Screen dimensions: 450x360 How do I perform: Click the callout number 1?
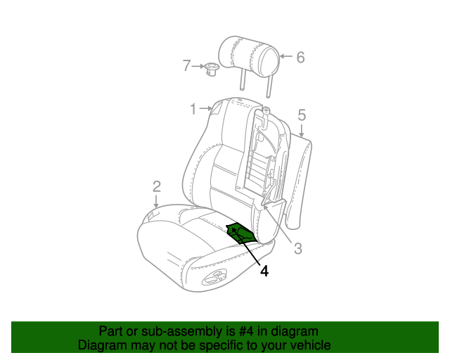click(x=193, y=109)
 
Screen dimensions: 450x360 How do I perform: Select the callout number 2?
click(x=156, y=186)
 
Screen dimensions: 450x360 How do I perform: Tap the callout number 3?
click(x=298, y=248)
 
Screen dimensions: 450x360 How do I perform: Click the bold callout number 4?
click(x=264, y=271)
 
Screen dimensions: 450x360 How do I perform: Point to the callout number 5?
click(x=302, y=115)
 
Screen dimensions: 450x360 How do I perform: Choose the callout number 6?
click(x=300, y=58)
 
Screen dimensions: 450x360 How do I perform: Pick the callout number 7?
click(x=186, y=65)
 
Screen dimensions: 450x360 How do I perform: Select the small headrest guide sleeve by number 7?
click(x=212, y=70)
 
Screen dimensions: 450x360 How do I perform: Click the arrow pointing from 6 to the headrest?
click(x=286, y=56)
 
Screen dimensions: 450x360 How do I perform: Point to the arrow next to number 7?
click(x=198, y=66)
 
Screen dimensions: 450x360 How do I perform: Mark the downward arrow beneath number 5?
click(x=302, y=130)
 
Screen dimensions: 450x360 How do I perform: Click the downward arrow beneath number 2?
click(x=156, y=202)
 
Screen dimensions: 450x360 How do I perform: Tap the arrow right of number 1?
click(x=206, y=108)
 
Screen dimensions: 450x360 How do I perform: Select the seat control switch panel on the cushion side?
click(x=214, y=278)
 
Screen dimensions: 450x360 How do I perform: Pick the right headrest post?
click(x=269, y=87)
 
